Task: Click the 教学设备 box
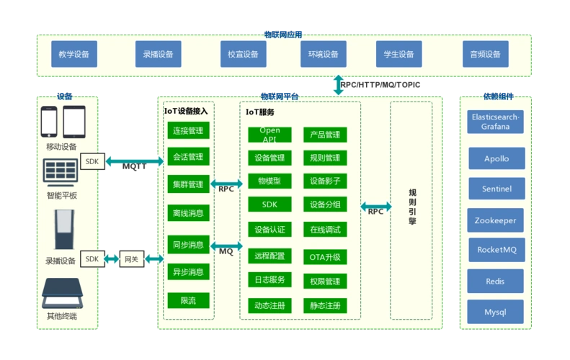74,54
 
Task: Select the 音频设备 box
485,54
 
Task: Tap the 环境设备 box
323,54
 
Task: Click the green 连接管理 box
188,130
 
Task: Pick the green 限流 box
188,300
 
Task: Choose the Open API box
270,135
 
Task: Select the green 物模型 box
270,181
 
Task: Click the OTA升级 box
325,256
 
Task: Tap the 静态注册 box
325,305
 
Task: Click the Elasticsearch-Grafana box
496,122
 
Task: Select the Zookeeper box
496,220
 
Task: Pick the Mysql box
496,312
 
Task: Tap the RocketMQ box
496,250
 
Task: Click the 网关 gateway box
132,258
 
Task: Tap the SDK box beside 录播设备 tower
92,258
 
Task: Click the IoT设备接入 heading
186,112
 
